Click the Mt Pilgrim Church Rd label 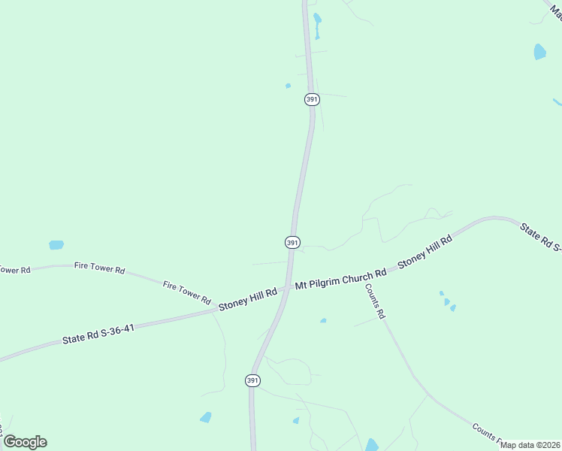pyautogui.click(x=340, y=279)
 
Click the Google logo pyautogui.click(x=25, y=442)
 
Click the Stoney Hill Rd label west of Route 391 pyautogui.click(x=247, y=298)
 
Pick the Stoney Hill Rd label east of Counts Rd pyautogui.click(x=425, y=252)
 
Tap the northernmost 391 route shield pyautogui.click(x=312, y=99)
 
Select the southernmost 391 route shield pyautogui.click(x=252, y=381)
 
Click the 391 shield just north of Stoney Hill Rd pyautogui.click(x=292, y=242)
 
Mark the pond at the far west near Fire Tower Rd pyautogui.click(x=56, y=245)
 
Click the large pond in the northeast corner pyautogui.click(x=539, y=52)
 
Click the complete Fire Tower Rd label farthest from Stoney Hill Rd pyautogui.click(x=99, y=268)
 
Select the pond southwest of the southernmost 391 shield pyautogui.click(x=205, y=417)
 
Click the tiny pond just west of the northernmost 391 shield pyautogui.click(x=288, y=86)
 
